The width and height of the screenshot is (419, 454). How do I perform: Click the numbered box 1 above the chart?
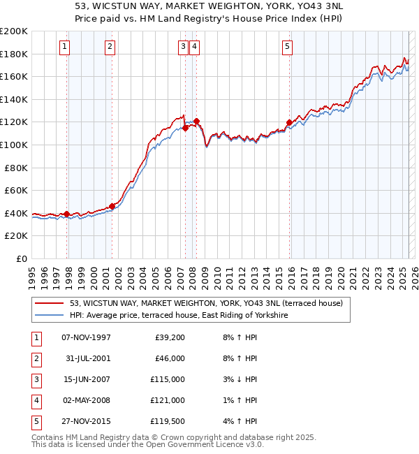click(x=64, y=47)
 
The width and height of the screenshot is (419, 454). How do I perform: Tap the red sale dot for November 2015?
click(x=289, y=123)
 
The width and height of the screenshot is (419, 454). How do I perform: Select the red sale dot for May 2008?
click(x=197, y=121)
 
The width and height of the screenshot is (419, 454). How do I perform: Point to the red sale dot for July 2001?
click(x=112, y=206)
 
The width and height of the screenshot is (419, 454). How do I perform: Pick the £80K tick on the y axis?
click(x=16, y=168)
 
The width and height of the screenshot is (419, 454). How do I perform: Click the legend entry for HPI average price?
click(x=179, y=316)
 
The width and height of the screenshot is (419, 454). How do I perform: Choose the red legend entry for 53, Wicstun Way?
click(x=206, y=304)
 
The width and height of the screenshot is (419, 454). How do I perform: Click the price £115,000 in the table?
click(x=168, y=381)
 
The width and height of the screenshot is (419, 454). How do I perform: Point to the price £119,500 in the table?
click(x=168, y=422)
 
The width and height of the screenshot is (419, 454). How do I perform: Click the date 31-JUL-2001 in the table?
click(x=86, y=360)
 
